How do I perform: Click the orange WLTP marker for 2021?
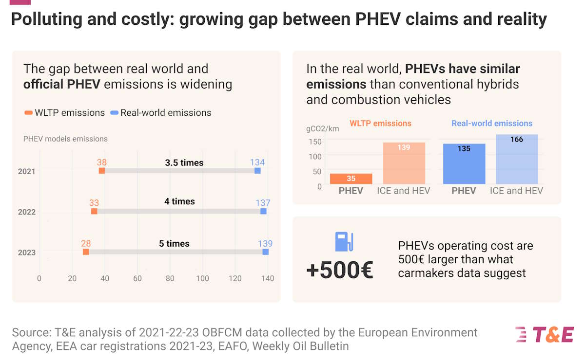[102, 171]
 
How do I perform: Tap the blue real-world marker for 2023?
[265, 252]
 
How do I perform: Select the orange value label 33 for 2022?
[94, 202]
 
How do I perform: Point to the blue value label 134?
[257, 162]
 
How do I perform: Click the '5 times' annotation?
[174, 243]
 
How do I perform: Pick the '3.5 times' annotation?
[184, 163]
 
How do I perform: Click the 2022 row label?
[26, 212]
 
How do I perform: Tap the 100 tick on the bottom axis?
[202, 279]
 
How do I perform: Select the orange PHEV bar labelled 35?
[351, 179]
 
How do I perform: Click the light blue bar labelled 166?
[517, 159]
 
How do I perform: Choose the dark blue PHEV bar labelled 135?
[464, 164]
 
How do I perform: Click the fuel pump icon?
[344, 242]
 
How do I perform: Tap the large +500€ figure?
[340, 271]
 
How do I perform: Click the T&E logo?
[545, 335]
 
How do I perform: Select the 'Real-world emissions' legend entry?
[161, 113]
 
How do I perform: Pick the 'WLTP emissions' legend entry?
[64, 113]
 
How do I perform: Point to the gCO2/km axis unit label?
[322, 129]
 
